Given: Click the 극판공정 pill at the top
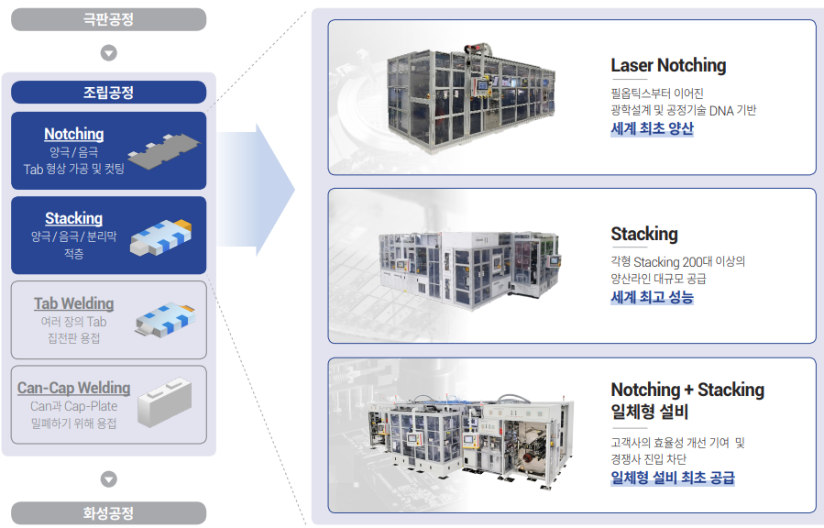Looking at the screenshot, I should pyautogui.click(x=108, y=19).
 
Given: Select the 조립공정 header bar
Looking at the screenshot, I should pyautogui.click(x=108, y=93).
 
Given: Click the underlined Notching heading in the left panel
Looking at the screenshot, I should pyautogui.click(x=74, y=134).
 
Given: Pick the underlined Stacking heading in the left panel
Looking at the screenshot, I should pyautogui.click(x=74, y=218).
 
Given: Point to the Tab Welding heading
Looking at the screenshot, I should pyautogui.click(x=74, y=303).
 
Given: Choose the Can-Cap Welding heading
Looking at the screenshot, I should pyautogui.click(x=74, y=388).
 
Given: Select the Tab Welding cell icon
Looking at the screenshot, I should pyautogui.click(x=165, y=317).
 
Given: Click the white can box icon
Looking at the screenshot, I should pyautogui.click(x=166, y=403).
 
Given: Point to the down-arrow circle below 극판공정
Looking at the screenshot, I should pyautogui.click(x=108, y=52).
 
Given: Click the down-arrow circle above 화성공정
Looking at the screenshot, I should pyautogui.click(x=108, y=478).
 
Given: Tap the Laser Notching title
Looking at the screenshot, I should pyautogui.click(x=668, y=66).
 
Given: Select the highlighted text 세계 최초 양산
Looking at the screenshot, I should pyautogui.click(x=652, y=129).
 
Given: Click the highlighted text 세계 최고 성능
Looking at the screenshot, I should pyautogui.click(x=652, y=298).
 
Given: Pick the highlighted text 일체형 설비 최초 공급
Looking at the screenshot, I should pyautogui.click(x=672, y=478).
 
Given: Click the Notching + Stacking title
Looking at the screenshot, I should pyautogui.click(x=687, y=390).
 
